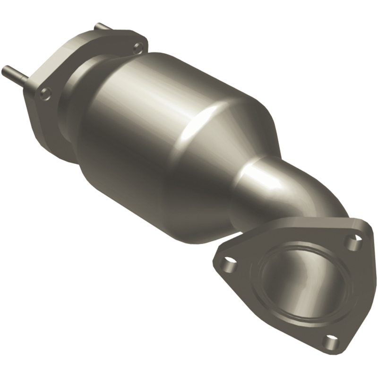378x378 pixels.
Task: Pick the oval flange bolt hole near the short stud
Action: point(137,47)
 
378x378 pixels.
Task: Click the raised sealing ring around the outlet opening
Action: point(265,302)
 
